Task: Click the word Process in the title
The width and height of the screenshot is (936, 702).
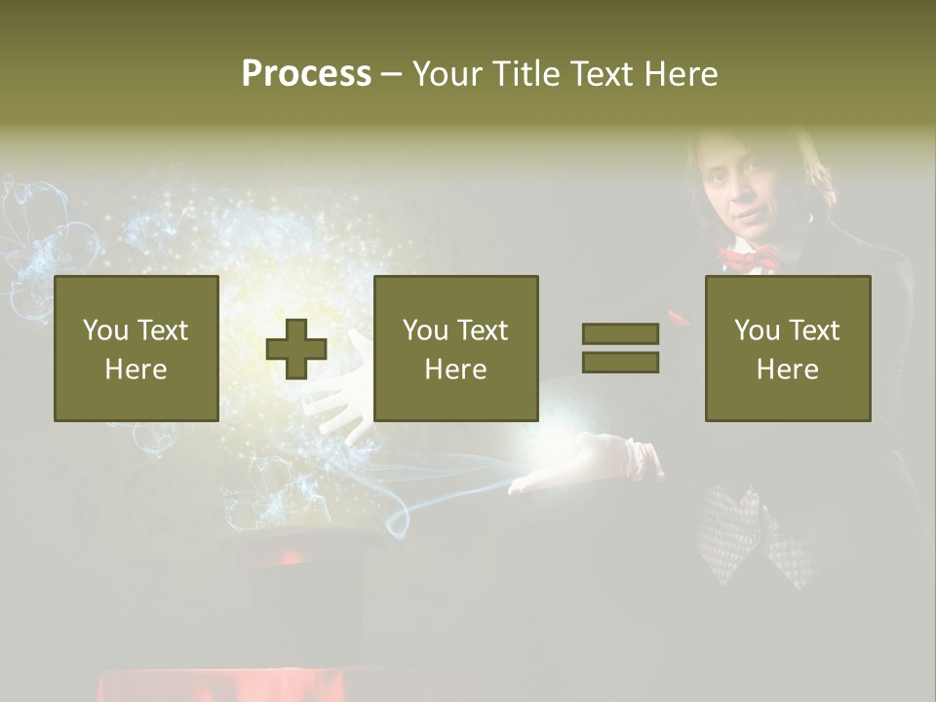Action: [x=306, y=74]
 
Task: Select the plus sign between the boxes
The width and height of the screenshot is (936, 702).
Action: [x=296, y=349]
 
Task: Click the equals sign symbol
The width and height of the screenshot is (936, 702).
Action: [x=620, y=348]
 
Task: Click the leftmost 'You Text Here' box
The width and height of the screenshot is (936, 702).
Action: [x=136, y=348]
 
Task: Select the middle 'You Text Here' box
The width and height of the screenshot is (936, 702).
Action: [x=455, y=348]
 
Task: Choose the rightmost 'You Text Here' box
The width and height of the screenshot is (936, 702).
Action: [x=787, y=348]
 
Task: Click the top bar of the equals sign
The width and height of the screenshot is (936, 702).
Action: [x=620, y=334]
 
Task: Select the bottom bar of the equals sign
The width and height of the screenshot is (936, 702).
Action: [x=620, y=363]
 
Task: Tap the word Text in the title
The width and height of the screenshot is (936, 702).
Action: [x=600, y=74]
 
